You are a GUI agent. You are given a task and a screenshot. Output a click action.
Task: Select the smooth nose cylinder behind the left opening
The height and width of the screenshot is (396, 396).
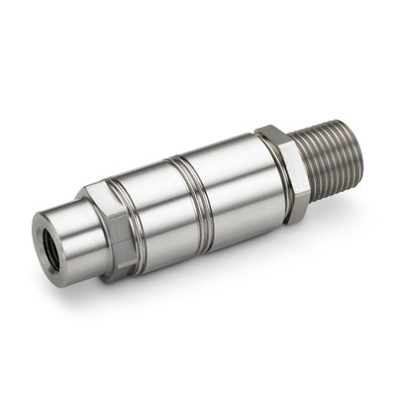coord(79,223)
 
